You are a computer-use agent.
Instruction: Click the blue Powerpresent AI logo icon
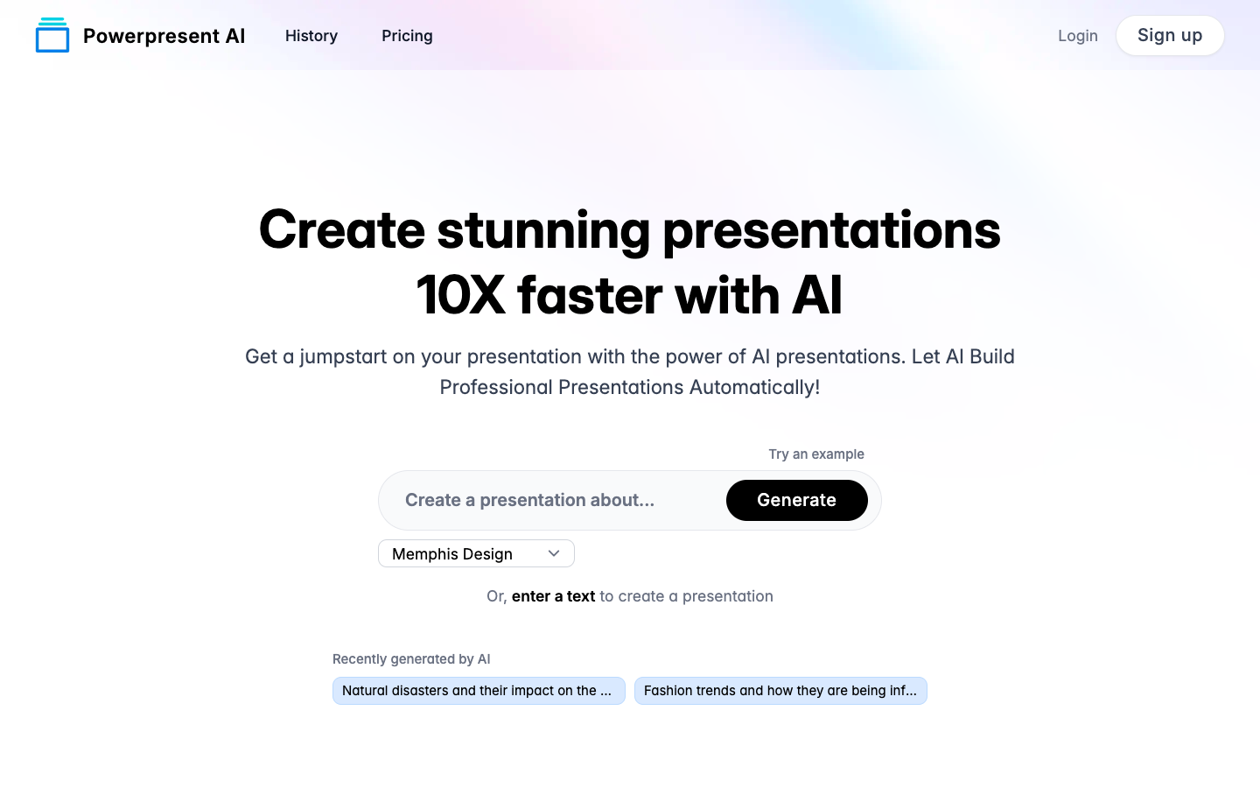click(52, 35)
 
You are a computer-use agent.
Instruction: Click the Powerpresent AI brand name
click(164, 35)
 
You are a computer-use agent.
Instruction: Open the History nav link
click(311, 35)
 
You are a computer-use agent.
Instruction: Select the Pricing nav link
click(407, 35)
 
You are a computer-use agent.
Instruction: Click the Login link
click(1077, 35)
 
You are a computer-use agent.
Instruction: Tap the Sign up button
click(1169, 35)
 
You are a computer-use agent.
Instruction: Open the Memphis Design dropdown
click(476, 553)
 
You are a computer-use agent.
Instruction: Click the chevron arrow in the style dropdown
click(554, 553)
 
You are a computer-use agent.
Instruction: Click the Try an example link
click(816, 454)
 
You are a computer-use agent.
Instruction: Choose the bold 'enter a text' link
click(553, 596)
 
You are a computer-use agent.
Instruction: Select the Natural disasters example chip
click(479, 691)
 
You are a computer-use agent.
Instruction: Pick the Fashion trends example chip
click(780, 691)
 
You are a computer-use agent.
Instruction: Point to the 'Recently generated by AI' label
click(411, 658)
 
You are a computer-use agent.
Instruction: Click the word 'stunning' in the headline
click(543, 231)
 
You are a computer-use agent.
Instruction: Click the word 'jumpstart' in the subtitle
click(343, 357)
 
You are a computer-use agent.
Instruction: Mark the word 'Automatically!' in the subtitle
click(754, 387)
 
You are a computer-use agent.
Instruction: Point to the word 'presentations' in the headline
click(831, 232)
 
